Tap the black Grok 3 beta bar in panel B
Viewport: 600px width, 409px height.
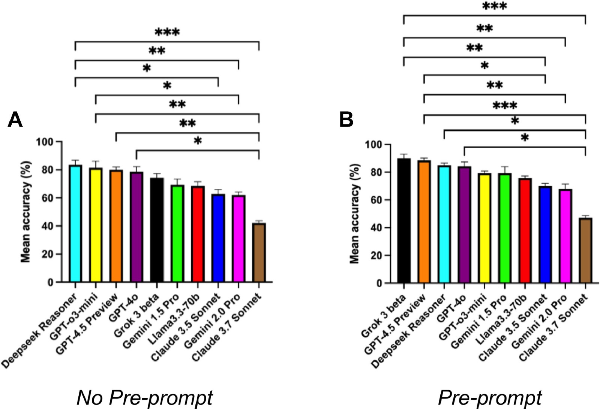tap(404, 221)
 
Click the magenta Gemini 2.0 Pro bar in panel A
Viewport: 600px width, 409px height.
tap(238, 239)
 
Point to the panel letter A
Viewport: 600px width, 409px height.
tap(15, 120)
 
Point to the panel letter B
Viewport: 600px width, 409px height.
tap(346, 120)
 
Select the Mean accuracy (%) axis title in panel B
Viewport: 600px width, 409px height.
tap(355, 213)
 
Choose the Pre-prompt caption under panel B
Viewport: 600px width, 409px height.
tap(490, 398)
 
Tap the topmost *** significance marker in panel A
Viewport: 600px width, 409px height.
tap(167, 33)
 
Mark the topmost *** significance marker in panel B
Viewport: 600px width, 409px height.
tap(494, 7)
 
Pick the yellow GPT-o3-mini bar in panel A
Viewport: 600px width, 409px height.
tap(96, 225)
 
